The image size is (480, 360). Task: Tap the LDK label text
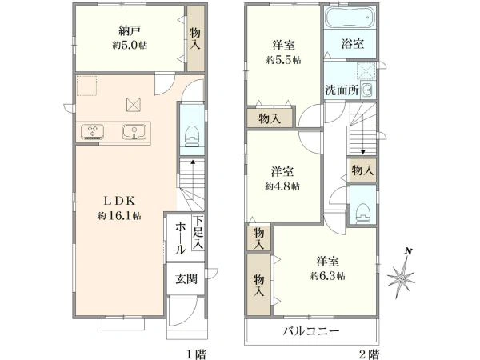pos(118,201)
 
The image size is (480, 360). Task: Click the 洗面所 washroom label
pos(342,90)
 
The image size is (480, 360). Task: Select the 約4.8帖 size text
pos(282,186)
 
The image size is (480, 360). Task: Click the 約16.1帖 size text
pos(119,216)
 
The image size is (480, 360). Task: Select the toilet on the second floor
pos(364,210)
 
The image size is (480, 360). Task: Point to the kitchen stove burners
pos(92,131)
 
